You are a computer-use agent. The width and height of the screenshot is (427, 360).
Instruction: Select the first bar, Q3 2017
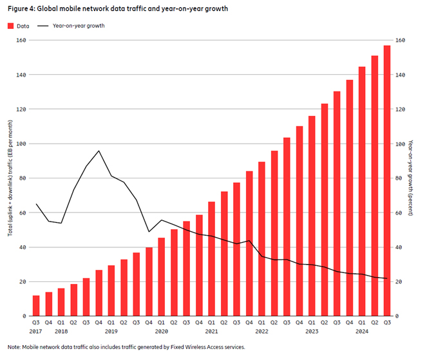tap(36, 306)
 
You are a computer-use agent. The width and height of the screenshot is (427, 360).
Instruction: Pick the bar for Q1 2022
tap(262, 238)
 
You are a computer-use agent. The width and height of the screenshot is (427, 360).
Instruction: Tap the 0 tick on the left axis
tap(23, 316)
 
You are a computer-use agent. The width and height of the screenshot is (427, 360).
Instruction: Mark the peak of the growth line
tap(99, 151)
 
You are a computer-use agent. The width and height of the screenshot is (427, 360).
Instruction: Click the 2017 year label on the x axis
tap(36, 331)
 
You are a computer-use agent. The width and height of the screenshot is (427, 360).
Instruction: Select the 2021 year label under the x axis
tap(211, 331)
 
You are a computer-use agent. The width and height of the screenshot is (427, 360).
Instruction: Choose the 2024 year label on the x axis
tap(362, 331)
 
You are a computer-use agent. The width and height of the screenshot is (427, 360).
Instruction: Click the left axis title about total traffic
tap(11, 178)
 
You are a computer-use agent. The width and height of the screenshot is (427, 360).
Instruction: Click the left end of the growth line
tap(36, 204)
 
